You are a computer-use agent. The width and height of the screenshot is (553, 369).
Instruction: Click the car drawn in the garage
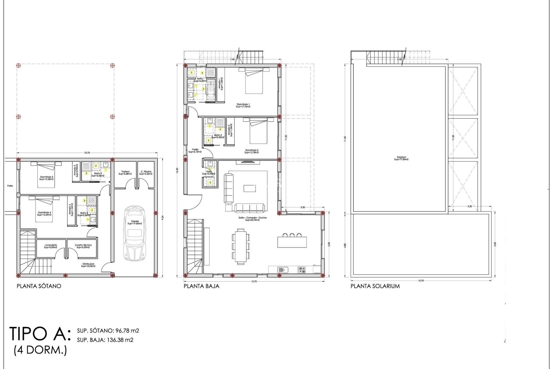(135, 234)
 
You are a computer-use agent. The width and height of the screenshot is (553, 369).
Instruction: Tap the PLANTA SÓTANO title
(39, 286)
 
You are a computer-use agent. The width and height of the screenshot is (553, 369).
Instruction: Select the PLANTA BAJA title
(201, 286)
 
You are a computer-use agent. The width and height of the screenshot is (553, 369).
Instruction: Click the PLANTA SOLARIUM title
(375, 286)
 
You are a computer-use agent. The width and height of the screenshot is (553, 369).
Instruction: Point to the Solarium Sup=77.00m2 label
(401, 158)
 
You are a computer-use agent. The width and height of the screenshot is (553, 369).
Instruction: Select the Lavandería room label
(50, 246)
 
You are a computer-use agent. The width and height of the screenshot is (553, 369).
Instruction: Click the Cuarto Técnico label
(83, 246)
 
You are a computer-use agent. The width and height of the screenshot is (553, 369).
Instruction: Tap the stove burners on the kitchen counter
(302, 270)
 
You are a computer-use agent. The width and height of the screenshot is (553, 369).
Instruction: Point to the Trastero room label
(125, 173)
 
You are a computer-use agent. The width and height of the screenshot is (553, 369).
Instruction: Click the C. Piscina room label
(146, 173)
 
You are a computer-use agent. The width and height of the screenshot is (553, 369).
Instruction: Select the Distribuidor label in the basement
(88, 265)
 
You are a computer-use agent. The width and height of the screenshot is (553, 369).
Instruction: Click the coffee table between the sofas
(249, 188)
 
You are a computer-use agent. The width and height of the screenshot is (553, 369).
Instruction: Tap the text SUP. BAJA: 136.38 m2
(105, 340)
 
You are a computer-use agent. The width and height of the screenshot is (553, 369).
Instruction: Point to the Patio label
(10, 186)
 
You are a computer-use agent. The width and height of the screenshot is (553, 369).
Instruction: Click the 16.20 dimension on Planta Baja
(177, 171)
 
